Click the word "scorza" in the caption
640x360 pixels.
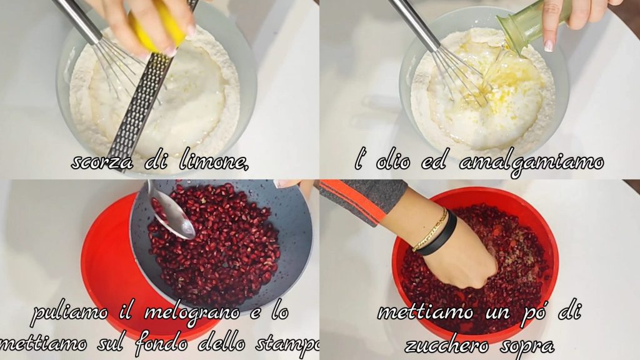pos(102,162)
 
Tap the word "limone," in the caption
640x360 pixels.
pos(214,161)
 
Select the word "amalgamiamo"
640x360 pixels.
pos(531,162)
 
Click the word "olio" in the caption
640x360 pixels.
pos(392,162)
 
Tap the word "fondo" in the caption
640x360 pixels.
pos(161,344)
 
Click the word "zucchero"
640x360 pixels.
pos(446,345)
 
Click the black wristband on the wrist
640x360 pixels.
pos(439,237)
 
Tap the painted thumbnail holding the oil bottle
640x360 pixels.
pos(548,45)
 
